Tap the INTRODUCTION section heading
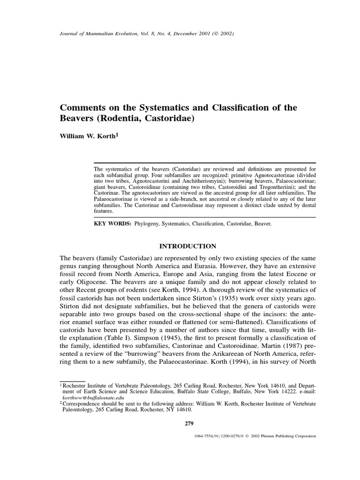click(188, 246)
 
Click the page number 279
click(189, 424)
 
